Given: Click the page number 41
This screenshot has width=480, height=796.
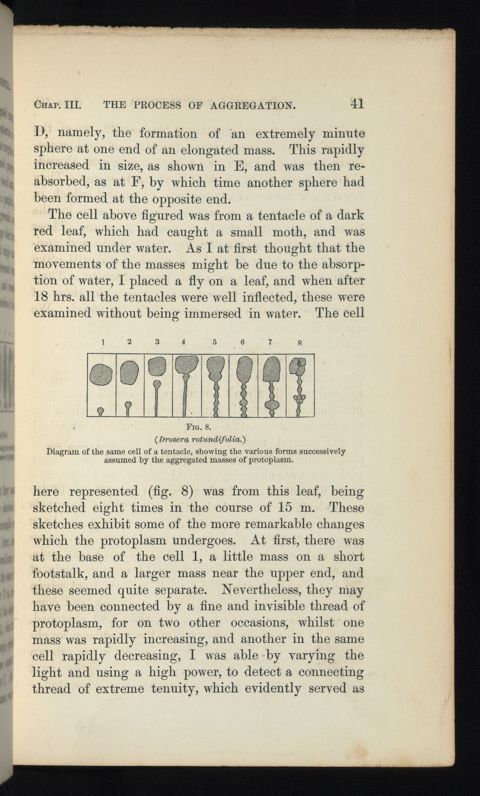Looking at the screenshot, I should point(357,103).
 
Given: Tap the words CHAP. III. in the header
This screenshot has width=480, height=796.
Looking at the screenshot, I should point(56,105).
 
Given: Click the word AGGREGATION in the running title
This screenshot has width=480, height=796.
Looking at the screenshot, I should point(252,105).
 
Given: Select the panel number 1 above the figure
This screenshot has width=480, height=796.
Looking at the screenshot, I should point(103,342).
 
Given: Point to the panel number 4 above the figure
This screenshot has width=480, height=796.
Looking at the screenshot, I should point(183,342).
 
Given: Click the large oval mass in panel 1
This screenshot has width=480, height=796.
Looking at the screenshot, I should point(101,375).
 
